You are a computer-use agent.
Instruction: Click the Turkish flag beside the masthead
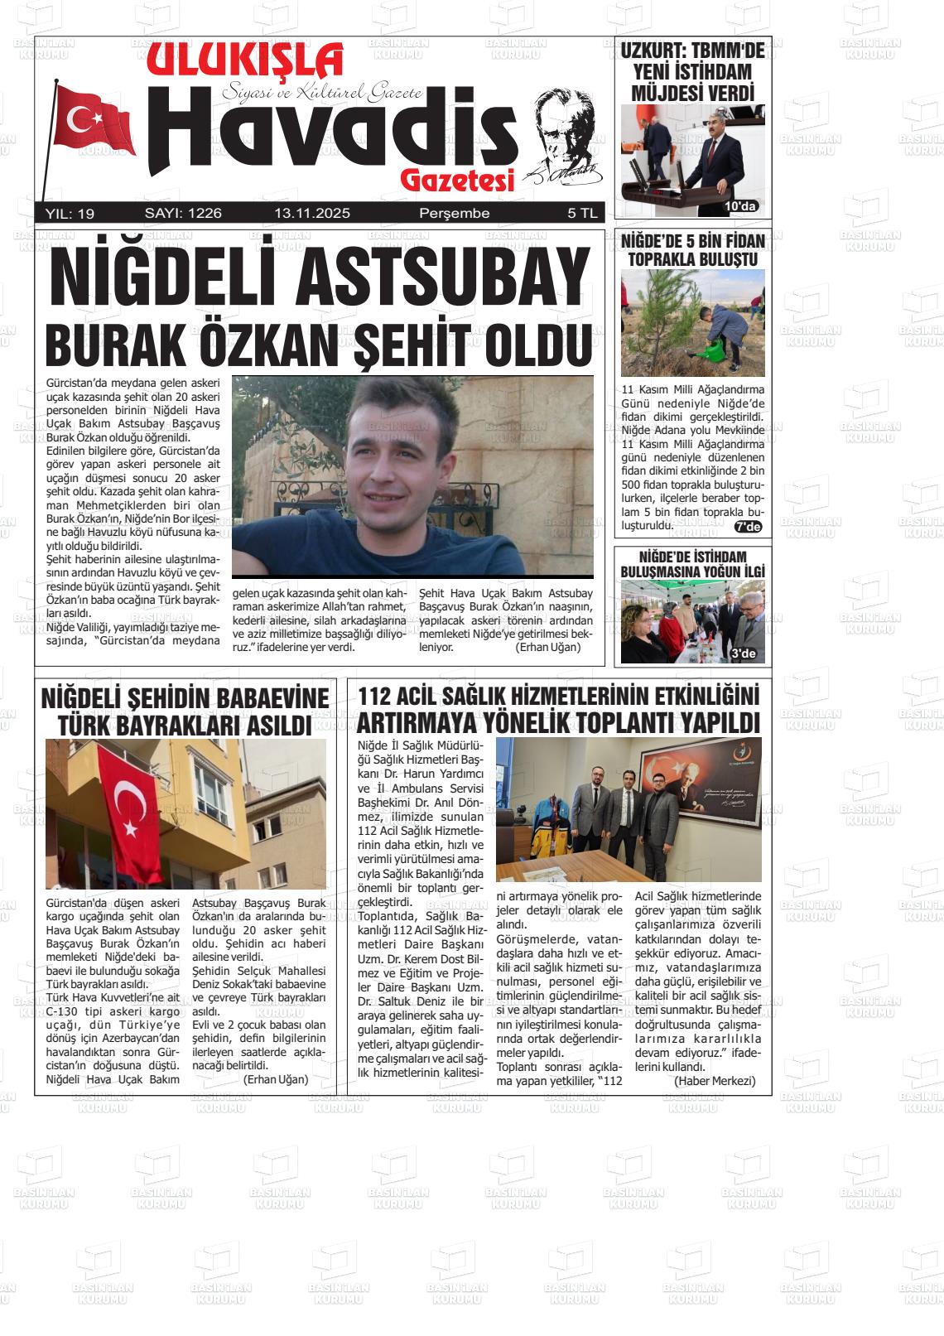pyautogui.click(x=94, y=120)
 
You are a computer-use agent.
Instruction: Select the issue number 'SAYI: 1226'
pyautogui.click(x=183, y=214)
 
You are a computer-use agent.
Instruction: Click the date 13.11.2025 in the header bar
pyautogui.click(x=312, y=214)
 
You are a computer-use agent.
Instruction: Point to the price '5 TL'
pyautogui.click(x=581, y=214)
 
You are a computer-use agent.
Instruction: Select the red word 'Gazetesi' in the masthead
pyautogui.click(x=457, y=180)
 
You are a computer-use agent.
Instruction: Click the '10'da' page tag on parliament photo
pyautogui.click(x=740, y=206)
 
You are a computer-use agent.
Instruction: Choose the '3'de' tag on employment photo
pyautogui.click(x=744, y=654)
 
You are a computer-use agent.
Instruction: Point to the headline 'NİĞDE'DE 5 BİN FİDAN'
pyautogui.click(x=692, y=241)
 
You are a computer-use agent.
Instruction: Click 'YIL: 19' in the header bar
pyautogui.click(x=70, y=214)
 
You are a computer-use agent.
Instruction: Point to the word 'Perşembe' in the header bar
pyautogui.click(x=455, y=214)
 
